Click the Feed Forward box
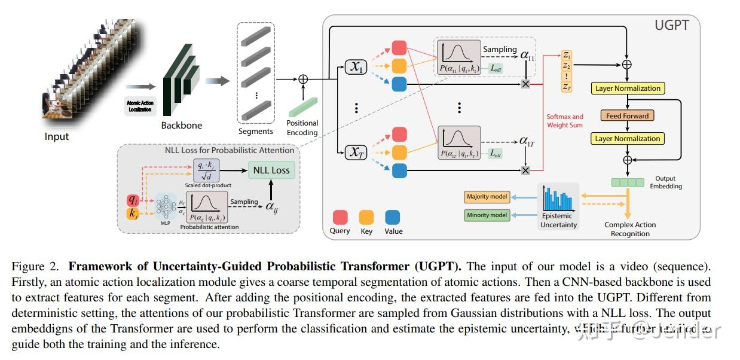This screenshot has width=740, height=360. tap(627, 115)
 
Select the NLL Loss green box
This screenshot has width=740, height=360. tap(271, 170)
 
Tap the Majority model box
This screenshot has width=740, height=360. tap(487, 197)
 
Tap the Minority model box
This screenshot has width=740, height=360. tap(487, 215)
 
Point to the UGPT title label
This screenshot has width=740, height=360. tap(672, 26)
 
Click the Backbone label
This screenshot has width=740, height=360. tap(182, 126)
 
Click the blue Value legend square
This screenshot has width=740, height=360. tap(393, 216)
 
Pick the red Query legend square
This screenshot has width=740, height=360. tap(340, 216)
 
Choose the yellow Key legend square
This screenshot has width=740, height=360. tap(366, 216)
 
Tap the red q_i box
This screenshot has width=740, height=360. tap(133, 200)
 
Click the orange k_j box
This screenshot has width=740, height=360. tap(133, 213)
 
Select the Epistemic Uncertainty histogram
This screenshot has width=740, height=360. tap(559, 200)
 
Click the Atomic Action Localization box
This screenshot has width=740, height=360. tap(140, 106)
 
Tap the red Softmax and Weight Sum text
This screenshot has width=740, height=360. tap(565, 121)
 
